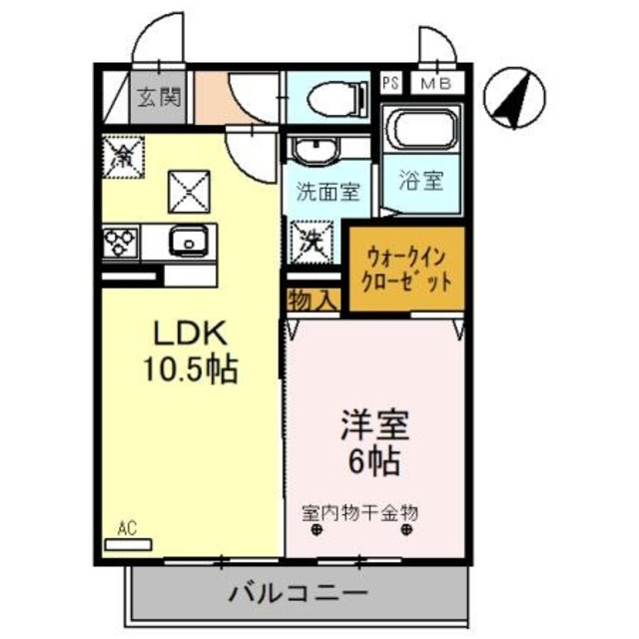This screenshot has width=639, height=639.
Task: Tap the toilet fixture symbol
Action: [329, 99]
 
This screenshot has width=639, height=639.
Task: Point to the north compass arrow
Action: [510, 98]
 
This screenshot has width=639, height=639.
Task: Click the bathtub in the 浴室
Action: [421, 130]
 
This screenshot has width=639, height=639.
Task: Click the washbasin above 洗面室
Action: [318, 151]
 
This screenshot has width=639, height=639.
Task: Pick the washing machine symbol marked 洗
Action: [308, 239]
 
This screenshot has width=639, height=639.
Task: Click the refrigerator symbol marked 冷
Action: [124, 155]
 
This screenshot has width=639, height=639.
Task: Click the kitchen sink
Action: [186, 242]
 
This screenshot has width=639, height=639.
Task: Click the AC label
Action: [126, 526]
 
